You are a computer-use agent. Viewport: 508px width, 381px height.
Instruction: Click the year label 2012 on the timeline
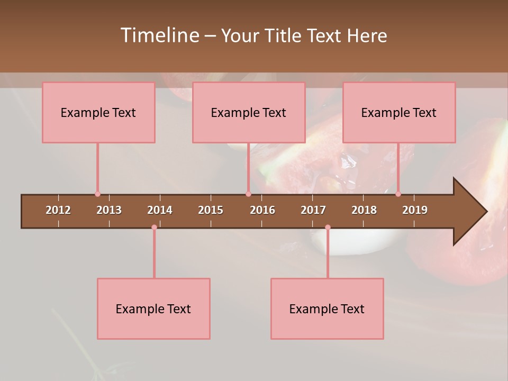pyautogui.click(x=58, y=210)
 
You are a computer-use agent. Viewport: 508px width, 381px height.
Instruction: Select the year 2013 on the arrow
pyautogui.click(x=109, y=210)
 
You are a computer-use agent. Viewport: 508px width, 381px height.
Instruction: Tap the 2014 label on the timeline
pyautogui.click(x=160, y=210)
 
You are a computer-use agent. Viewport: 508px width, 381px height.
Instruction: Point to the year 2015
pyautogui.click(x=211, y=210)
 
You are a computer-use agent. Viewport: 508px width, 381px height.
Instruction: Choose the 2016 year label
pyautogui.click(x=262, y=210)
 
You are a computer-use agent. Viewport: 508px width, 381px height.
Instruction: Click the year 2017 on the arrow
pyautogui.click(x=313, y=210)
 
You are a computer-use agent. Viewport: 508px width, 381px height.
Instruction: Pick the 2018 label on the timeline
pyautogui.click(x=364, y=210)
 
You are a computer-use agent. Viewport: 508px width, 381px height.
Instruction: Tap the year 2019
pyautogui.click(x=415, y=210)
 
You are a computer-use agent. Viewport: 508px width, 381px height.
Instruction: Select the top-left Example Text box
pyautogui.click(x=98, y=112)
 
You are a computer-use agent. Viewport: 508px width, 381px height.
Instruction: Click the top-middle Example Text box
pyautogui.click(x=249, y=112)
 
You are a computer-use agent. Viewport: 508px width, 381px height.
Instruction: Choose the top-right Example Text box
pyautogui.click(x=399, y=112)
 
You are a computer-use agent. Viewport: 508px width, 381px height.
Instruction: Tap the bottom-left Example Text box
pyautogui.click(x=153, y=309)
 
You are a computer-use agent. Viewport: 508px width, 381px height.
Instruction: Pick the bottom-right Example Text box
pyautogui.click(x=327, y=309)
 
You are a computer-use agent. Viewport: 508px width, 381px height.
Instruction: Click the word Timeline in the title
pyautogui.click(x=159, y=35)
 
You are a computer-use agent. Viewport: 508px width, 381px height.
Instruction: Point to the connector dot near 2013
pyautogui.click(x=97, y=194)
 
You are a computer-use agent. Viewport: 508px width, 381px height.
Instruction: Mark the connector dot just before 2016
pyautogui.click(x=248, y=194)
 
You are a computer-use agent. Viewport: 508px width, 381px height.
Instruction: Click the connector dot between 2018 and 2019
pyautogui.click(x=398, y=194)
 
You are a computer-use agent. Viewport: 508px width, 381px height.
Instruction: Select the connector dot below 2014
pyautogui.click(x=154, y=228)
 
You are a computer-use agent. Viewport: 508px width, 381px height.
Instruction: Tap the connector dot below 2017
pyautogui.click(x=328, y=228)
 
